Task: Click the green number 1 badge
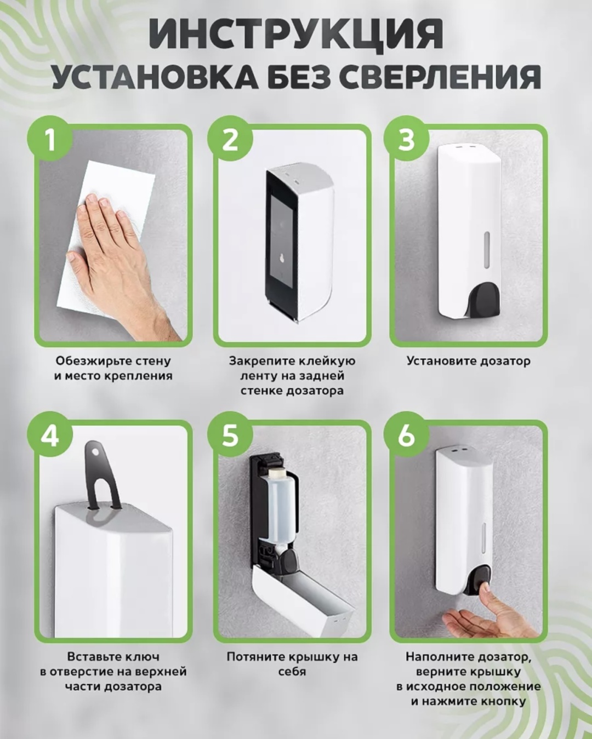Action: [50, 140]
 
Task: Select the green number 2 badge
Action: [230, 140]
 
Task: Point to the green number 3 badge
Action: [407, 140]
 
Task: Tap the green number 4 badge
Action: [50, 436]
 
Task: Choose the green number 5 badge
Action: [230, 436]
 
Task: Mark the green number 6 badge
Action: [407, 436]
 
